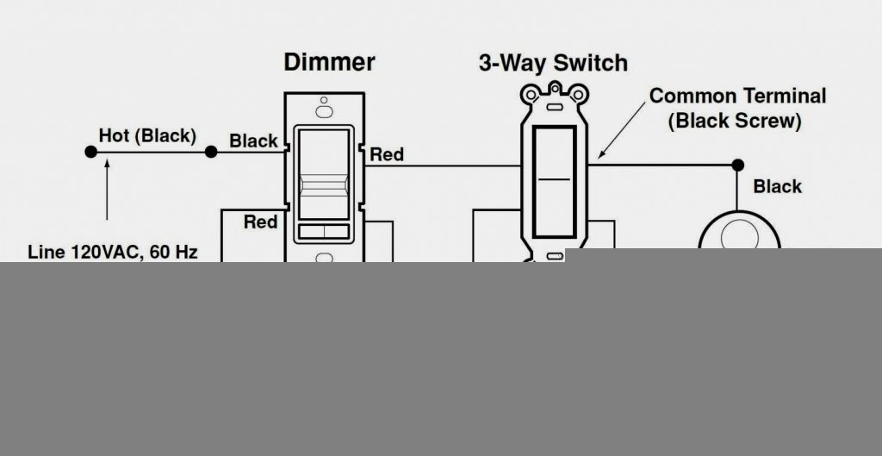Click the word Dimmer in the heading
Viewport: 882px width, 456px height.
point(329,62)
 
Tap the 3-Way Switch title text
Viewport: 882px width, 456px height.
point(553,63)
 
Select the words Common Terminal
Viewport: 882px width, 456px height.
point(737,96)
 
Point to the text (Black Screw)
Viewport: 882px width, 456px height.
point(735,122)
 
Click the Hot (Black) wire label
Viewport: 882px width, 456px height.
point(147,136)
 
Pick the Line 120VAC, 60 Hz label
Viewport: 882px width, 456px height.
point(113,253)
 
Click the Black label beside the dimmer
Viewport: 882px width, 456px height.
point(253,141)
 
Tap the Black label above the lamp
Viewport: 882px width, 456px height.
point(777,186)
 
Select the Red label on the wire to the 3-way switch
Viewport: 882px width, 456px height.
point(387,154)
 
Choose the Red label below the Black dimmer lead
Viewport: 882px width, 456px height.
point(260,222)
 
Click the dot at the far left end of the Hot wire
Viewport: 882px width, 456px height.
point(90,152)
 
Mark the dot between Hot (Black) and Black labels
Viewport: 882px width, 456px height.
point(210,152)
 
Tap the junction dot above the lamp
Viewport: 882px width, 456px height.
point(737,164)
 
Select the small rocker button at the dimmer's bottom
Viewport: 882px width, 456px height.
point(324,231)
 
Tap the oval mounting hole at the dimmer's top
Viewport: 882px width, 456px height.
point(324,111)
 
